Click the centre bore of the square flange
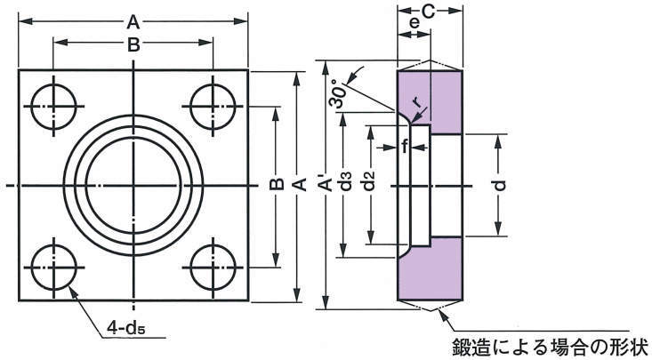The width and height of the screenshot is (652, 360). [x=133, y=184]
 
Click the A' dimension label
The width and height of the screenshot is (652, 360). [x=326, y=185]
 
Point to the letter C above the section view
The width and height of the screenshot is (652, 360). [x=427, y=12]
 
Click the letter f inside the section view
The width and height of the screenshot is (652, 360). [x=406, y=148]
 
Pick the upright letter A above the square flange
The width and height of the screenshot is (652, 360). [x=133, y=20]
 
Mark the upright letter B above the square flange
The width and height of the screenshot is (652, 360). [x=133, y=45]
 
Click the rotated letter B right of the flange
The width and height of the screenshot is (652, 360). [x=276, y=185]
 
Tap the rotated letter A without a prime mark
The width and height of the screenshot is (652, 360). [x=301, y=185]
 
